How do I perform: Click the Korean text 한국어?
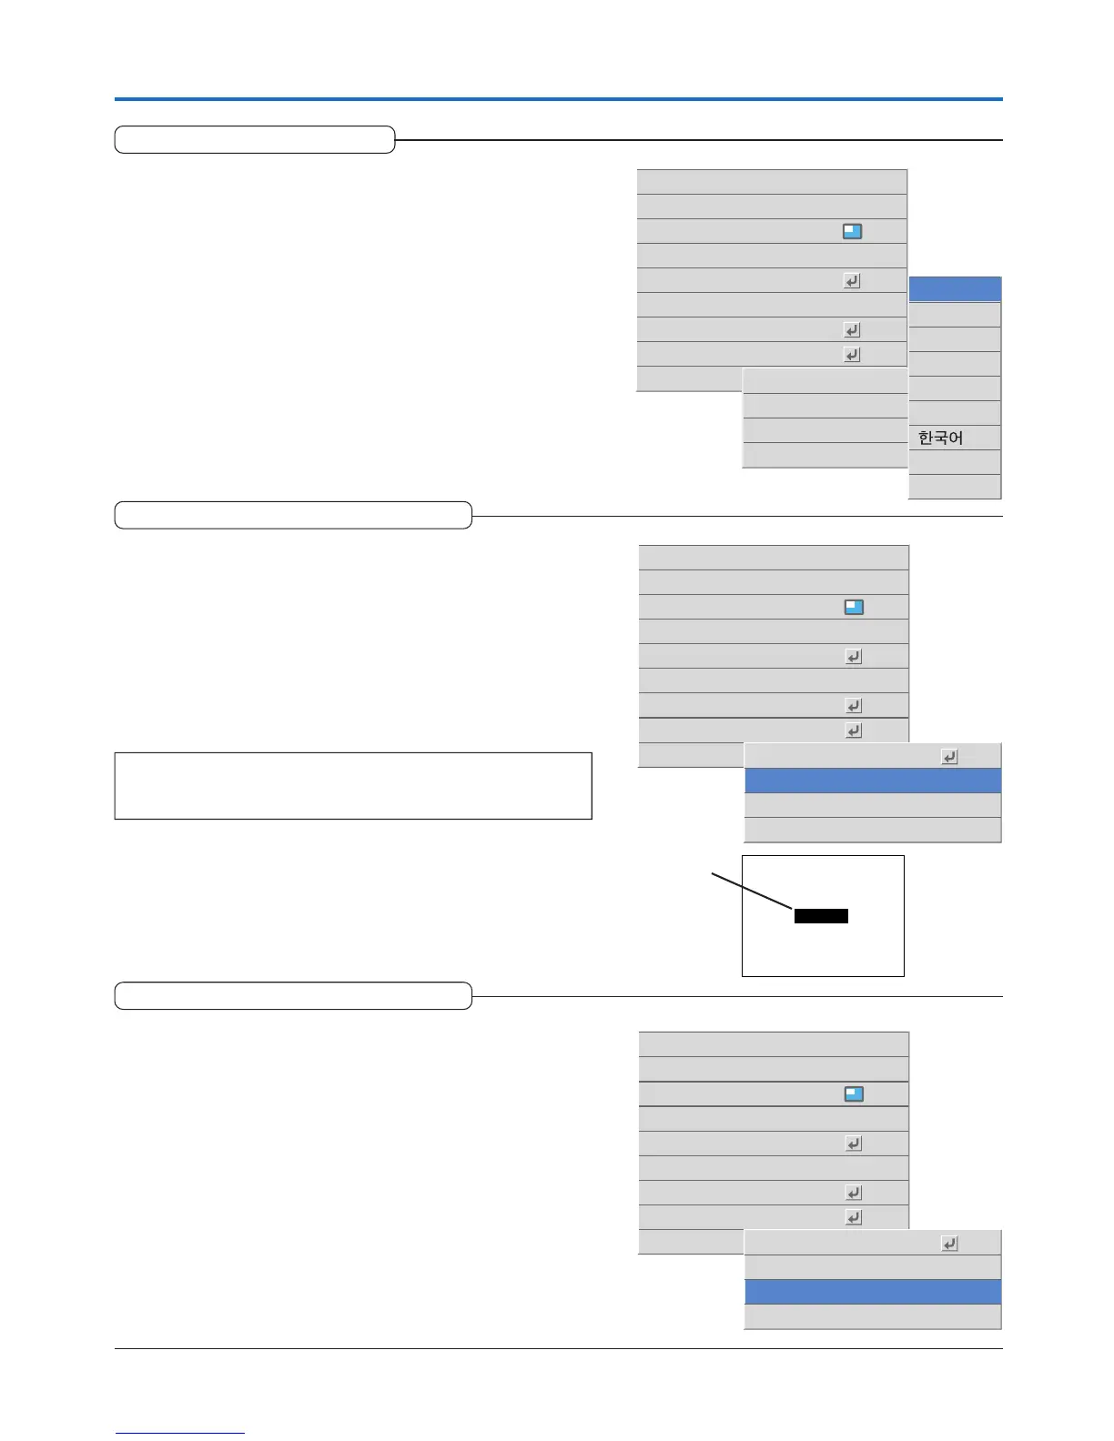940,438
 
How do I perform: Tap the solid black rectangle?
821,916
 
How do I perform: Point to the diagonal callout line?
752,891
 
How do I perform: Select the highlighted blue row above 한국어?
955,289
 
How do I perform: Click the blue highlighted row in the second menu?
872,781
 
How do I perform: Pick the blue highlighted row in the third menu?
872,1292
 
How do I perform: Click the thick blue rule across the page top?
558,98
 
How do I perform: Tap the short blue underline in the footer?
179,1433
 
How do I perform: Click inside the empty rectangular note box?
352,785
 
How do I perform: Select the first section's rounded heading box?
255,140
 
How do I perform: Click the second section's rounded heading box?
293,515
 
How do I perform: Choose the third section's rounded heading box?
293,996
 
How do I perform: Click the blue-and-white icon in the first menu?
852,231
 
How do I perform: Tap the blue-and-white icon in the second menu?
854,607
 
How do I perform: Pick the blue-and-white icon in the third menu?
854,1093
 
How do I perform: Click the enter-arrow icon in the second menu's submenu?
949,756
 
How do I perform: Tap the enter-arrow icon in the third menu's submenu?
949,1243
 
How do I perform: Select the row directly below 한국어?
955,462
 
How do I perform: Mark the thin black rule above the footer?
558,1348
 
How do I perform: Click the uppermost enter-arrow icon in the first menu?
852,281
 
